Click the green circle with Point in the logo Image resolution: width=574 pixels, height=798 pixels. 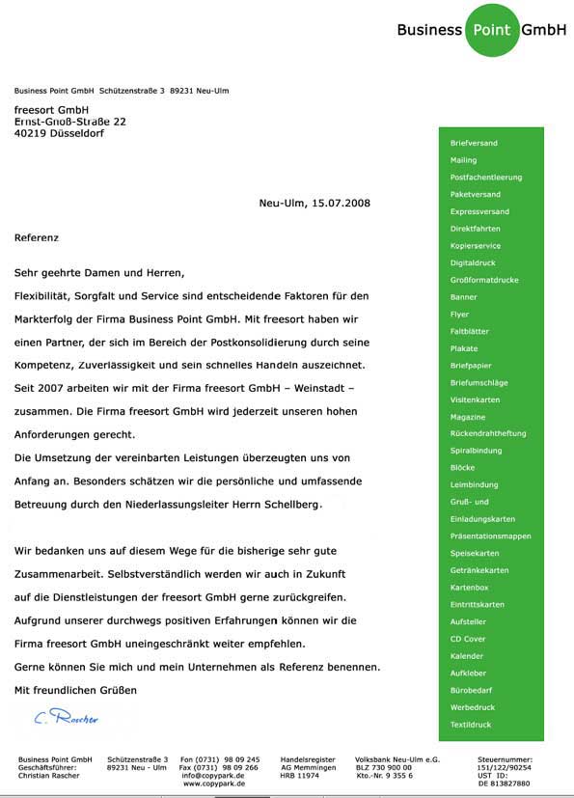[492, 29]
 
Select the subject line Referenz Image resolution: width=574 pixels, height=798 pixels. [37, 236]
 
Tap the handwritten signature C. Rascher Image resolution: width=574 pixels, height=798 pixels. [66, 717]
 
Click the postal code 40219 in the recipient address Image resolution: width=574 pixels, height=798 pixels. [31, 134]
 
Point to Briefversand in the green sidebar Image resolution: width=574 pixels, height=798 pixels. [474, 143]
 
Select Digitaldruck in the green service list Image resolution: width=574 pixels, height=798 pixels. [474, 262]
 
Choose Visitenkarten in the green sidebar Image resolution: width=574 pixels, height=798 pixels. [476, 399]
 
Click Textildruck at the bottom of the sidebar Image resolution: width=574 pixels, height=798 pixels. [471, 724]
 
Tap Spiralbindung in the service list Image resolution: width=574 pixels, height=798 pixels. [477, 451]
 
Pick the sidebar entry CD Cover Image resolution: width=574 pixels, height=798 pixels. [468, 639]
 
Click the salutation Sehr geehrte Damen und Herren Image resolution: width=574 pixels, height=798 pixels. [98, 273]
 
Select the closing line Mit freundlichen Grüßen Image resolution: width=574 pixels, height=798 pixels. [75, 690]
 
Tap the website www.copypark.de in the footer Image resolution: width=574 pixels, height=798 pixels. [213, 784]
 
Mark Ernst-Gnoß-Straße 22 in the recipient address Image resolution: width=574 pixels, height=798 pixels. [69, 123]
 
